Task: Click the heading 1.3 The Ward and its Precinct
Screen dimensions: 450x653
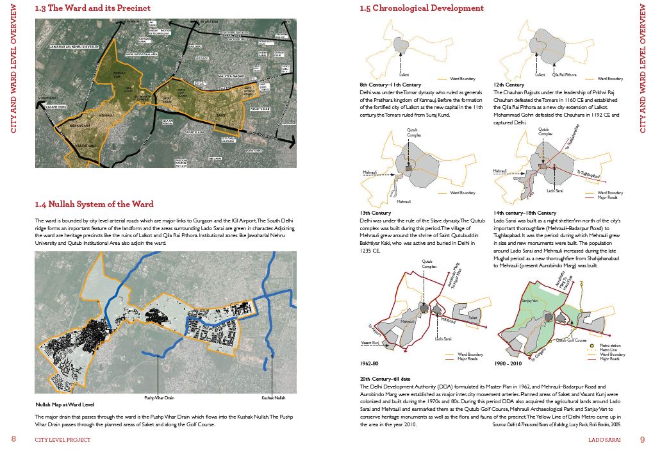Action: click(93, 8)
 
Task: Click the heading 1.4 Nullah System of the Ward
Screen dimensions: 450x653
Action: click(94, 204)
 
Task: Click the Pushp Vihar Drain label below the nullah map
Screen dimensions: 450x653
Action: click(160, 397)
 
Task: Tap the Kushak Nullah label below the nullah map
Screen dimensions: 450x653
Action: click(272, 397)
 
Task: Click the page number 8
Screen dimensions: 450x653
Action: click(13, 439)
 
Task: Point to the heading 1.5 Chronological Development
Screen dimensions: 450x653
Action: click(422, 8)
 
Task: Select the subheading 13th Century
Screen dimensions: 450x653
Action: click(376, 213)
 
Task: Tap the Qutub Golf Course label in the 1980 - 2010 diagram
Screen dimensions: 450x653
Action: click(572, 340)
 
